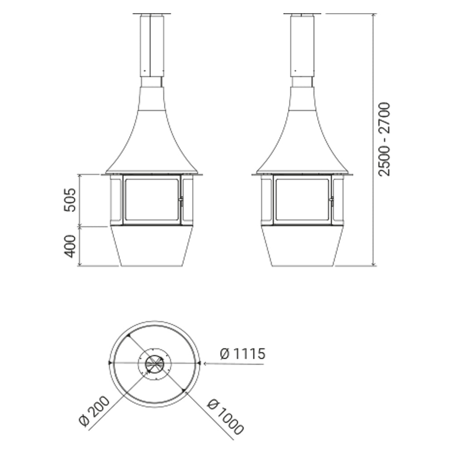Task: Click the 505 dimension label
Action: click(x=70, y=200)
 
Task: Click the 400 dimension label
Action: click(x=70, y=246)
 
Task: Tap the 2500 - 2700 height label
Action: click(x=384, y=139)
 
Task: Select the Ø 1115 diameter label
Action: click(x=242, y=354)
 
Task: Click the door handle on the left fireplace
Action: click(x=181, y=202)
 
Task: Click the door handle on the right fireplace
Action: click(x=332, y=202)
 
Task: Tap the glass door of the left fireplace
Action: click(x=152, y=200)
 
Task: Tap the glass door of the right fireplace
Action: click(x=302, y=200)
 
